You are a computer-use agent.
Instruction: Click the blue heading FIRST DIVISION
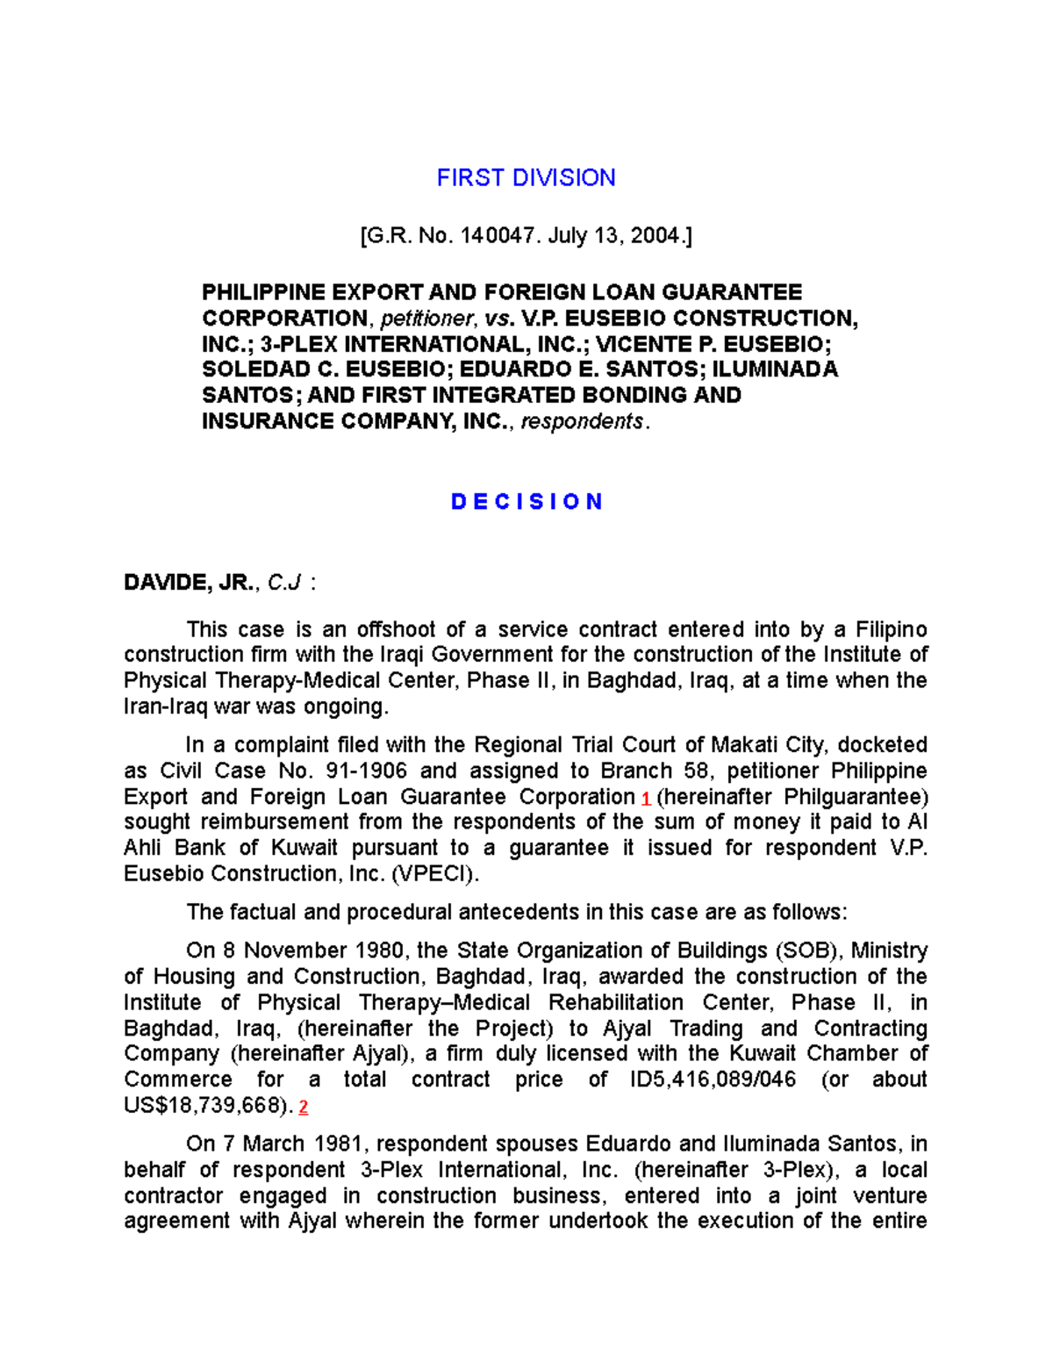coord(526,178)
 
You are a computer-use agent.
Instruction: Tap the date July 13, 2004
coord(615,235)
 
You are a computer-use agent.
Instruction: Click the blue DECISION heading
coord(526,502)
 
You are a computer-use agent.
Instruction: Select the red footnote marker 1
coord(646,800)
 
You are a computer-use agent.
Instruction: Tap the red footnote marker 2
coord(304,1108)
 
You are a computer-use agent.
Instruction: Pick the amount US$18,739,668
coord(206,1106)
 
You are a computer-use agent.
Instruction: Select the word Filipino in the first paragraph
coord(892,630)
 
